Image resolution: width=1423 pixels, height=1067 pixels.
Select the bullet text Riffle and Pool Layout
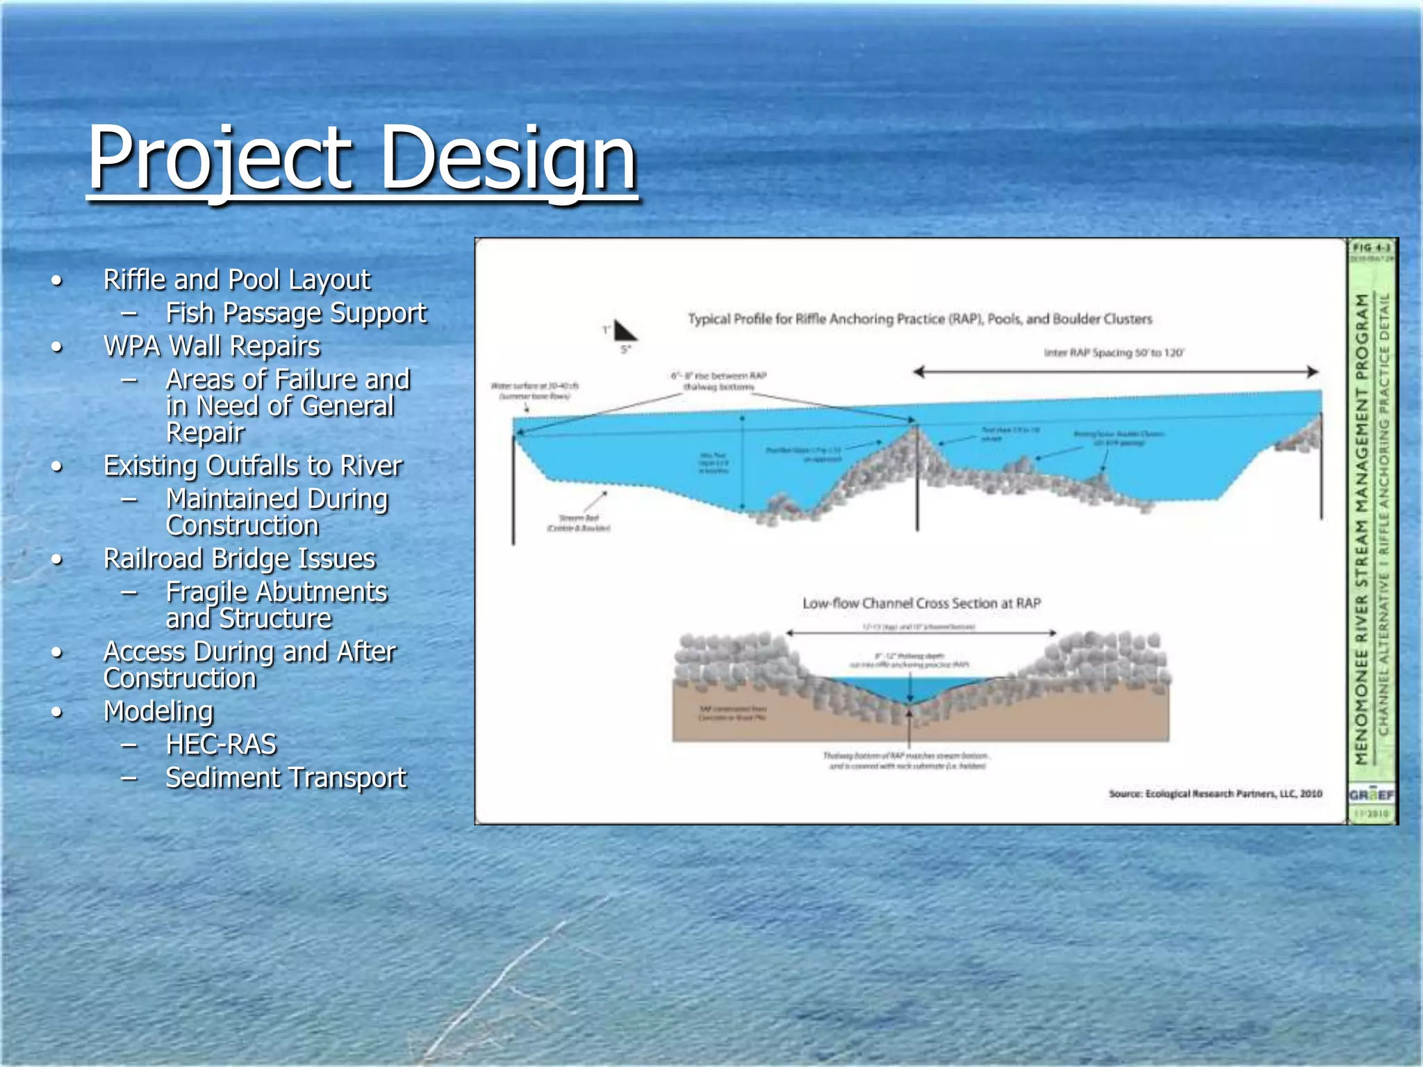(x=236, y=280)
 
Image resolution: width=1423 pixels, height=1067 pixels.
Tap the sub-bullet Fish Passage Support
(x=295, y=313)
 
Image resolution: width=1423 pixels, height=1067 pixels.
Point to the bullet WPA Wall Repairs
(x=211, y=346)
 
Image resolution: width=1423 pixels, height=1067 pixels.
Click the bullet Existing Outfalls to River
(x=252, y=465)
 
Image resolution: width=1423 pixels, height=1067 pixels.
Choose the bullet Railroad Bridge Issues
(x=239, y=559)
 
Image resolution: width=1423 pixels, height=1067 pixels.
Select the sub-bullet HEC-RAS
(x=221, y=745)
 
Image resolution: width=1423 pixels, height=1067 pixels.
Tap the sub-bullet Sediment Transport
(x=286, y=778)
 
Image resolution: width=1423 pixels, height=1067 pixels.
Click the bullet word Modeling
(x=158, y=711)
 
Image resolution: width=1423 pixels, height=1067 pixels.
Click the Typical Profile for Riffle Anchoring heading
(x=919, y=319)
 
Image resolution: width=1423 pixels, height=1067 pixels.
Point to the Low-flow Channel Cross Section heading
(x=921, y=603)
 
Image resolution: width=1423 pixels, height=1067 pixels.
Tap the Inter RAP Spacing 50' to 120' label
(x=1114, y=353)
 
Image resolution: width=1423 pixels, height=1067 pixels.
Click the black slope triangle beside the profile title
(x=623, y=331)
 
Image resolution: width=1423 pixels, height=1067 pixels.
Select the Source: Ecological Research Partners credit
(x=1215, y=793)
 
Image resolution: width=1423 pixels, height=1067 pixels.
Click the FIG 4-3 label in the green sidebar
(x=1372, y=248)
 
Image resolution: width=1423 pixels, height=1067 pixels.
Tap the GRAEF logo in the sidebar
(x=1371, y=795)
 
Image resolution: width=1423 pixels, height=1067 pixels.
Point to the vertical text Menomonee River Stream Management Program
(x=1362, y=528)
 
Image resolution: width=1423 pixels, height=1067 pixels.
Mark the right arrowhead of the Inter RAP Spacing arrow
(x=1313, y=372)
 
